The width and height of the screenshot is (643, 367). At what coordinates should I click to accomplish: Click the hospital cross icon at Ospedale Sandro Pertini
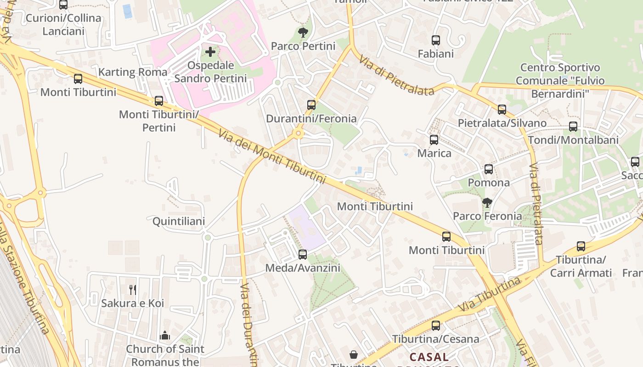point(210,51)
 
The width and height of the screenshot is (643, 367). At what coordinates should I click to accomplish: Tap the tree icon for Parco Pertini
point(303,32)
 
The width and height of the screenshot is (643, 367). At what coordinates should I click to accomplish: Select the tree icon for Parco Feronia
point(487,202)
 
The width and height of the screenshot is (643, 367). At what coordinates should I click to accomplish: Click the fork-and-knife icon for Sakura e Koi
point(133,289)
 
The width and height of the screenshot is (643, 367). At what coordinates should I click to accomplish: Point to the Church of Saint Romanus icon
point(165,336)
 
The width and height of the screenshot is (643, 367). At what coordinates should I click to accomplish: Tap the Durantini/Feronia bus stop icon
point(311,105)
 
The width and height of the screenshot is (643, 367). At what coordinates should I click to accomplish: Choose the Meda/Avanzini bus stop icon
point(303,254)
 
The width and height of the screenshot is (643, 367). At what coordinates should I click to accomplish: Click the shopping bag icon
point(354,355)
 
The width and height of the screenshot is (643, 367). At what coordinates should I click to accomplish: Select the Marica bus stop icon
point(434,139)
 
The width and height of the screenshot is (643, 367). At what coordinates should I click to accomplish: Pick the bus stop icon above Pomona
point(489,169)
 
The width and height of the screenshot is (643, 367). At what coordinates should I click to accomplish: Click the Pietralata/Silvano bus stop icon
point(502,109)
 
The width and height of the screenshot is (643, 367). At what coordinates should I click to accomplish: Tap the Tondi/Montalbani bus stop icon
point(573,126)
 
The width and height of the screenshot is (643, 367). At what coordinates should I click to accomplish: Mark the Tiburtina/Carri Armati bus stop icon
point(581,246)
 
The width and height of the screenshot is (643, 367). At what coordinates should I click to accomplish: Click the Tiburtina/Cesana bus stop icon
point(435,326)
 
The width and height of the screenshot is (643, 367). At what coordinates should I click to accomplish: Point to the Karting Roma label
point(133,72)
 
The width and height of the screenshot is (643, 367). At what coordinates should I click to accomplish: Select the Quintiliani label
point(179,222)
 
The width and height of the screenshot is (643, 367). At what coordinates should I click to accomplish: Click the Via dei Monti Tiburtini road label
point(272,156)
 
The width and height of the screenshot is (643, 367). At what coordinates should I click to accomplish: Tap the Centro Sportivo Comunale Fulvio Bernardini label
point(560,81)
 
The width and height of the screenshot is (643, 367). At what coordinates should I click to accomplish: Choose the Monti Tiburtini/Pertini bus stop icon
point(159,100)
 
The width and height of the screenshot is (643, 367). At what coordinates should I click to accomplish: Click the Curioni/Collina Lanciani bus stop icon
point(63,5)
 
